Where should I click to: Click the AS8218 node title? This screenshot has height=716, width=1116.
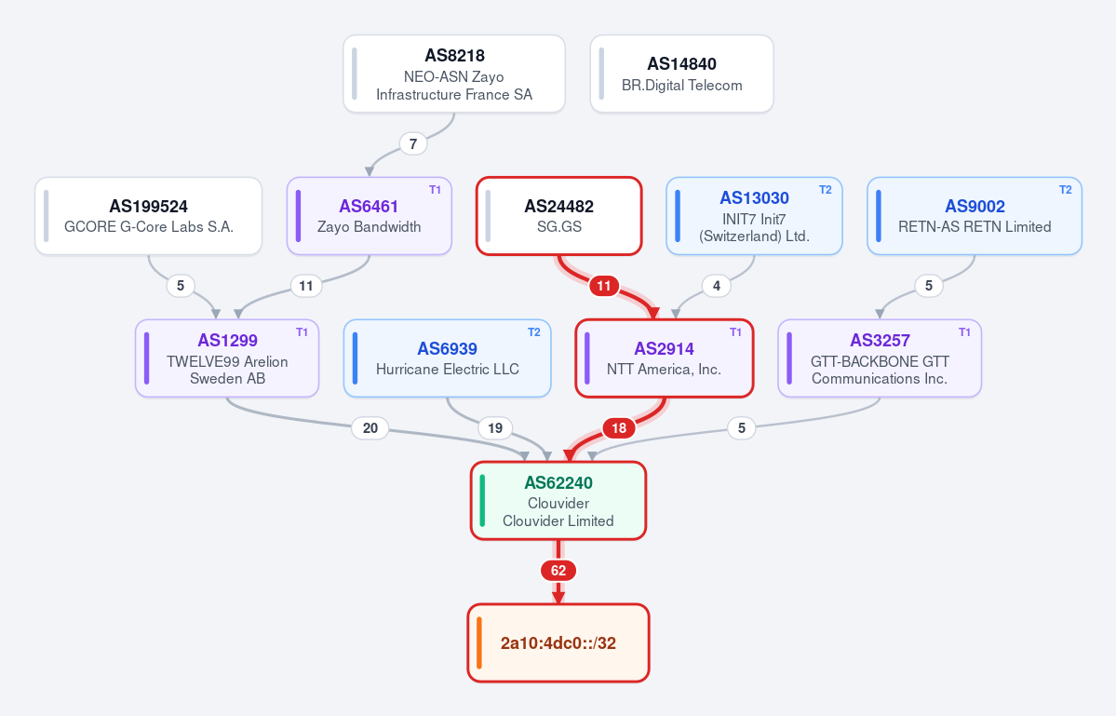pyautogui.click(x=454, y=56)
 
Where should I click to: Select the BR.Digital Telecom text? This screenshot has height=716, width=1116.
pyautogui.click(x=682, y=86)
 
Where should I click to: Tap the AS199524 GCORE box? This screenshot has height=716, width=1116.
pyautogui.click(x=149, y=216)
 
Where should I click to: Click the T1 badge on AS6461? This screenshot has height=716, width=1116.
pyautogui.click(x=435, y=190)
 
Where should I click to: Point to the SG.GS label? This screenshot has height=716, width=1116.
pyautogui.click(x=558, y=227)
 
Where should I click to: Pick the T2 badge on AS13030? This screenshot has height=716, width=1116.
pyautogui.click(x=825, y=190)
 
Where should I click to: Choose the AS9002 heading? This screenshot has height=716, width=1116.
pyautogui.click(x=975, y=207)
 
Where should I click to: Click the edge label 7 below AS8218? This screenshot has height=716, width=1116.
pyautogui.click(x=413, y=143)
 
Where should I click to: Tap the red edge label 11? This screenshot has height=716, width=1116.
pyautogui.click(x=603, y=286)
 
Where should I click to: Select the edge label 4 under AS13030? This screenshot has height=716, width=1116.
pyautogui.click(x=716, y=286)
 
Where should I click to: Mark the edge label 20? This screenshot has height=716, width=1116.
pyautogui.click(x=370, y=428)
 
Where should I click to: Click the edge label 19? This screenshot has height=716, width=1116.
pyautogui.click(x=494, y=428)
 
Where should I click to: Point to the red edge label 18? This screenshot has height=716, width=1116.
pyautogui.click(x=618, y=428)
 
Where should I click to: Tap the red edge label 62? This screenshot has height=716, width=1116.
pyautogui.click(x=558, y=571)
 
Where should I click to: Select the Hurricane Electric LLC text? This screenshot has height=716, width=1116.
pyautogui.click(x=447, y=370)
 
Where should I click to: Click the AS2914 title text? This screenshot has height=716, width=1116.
pyautogui.click(x=664, y=349)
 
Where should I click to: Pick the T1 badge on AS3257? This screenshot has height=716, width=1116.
pyautogui.click(x=964, y=332)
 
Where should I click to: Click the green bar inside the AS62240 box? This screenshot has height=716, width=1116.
pyautogui.click(x=482, y=501)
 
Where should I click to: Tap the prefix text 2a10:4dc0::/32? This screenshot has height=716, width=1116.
pyautogui.click(x=558, y=643)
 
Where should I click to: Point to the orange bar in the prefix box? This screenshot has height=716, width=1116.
pyautogui.click(x=479, y=643)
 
